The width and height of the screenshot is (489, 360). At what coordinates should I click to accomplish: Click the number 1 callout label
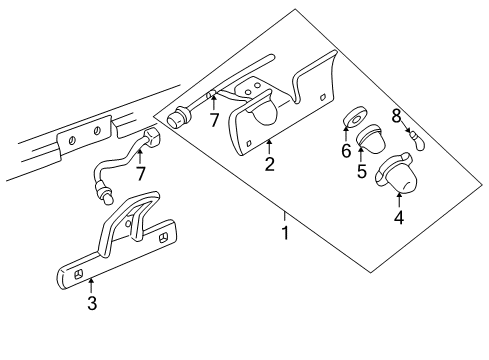[x=286, y=233]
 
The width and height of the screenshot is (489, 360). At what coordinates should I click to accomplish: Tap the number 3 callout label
[x=92, y=302]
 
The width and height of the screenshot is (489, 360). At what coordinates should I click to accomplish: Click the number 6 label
[x=345, y=150]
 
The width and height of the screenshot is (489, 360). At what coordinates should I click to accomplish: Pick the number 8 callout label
[x=396, y=117]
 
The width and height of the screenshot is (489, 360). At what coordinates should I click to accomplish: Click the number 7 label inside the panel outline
[x=214, y=122]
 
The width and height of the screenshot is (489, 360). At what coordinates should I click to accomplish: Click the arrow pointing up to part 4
[x=399, y=196]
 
